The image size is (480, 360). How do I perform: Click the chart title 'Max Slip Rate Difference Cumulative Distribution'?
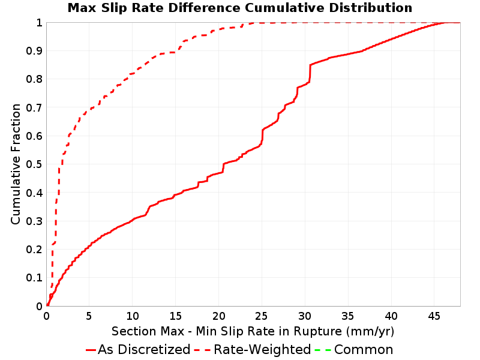[240, 8]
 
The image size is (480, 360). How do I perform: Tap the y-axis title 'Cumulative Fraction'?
[16, 164]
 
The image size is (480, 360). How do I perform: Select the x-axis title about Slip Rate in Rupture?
[253, 331]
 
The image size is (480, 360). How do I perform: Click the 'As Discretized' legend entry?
[138, 349]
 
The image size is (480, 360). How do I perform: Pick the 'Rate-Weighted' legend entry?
[253, 349]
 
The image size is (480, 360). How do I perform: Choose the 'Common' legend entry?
[354, 349]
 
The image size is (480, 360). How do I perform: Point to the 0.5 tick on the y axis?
[34, 164]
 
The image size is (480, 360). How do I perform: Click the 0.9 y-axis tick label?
[34, 51]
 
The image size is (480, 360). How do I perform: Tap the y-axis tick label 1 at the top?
[39, 23]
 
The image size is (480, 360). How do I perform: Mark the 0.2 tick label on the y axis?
[34, 250]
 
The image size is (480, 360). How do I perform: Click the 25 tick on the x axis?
[261, 316]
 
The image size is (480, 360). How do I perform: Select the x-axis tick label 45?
[434, 316]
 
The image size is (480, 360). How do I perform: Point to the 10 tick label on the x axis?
[132, 316]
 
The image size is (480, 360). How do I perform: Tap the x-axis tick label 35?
[347, 316]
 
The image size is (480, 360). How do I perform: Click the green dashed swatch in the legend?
[323, 350]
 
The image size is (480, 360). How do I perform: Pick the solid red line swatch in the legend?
[91, 350]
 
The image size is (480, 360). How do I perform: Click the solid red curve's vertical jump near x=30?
[310, 73]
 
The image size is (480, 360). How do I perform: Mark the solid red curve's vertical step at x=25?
[262, 136]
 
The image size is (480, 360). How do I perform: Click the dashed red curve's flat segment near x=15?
[168, 53]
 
